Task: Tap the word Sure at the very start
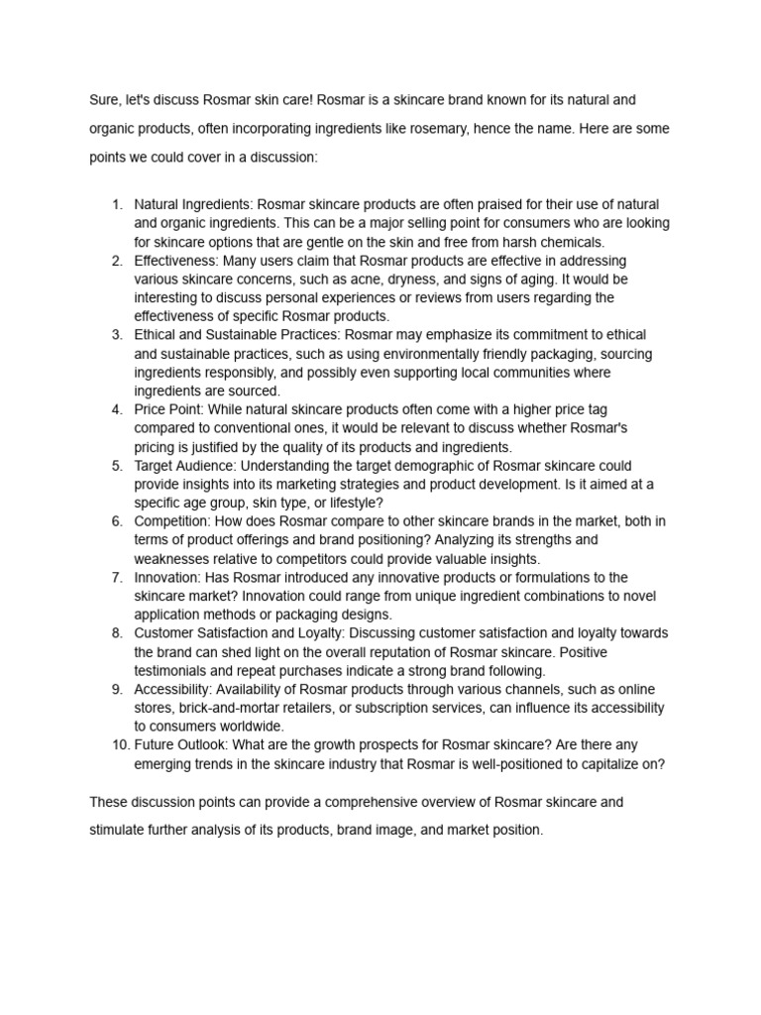click(104, 100)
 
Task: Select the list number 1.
click(116, 204)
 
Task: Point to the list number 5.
click(116, 465)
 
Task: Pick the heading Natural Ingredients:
click(195, 204)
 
